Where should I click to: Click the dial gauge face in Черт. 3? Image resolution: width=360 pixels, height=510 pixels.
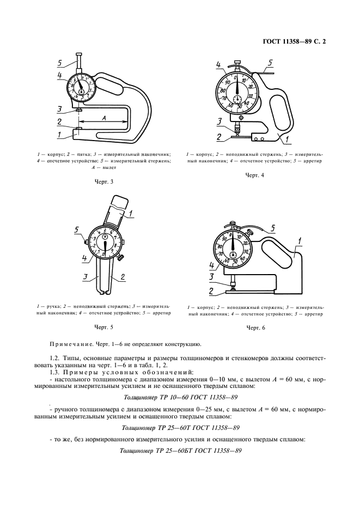pyautogui.click(x=81, y=88)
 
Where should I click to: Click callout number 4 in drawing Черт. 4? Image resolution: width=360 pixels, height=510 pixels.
pyautogui.click(x=218, y=66)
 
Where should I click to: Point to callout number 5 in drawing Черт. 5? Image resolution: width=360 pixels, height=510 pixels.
pyautogui.click(x=77, y=229)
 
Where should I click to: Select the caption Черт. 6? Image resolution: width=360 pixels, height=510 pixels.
pyautogui.click(x=255, y=328)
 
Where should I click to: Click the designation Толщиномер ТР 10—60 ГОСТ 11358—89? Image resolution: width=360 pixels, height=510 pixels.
pyautogui.click(x=180, y=398)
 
